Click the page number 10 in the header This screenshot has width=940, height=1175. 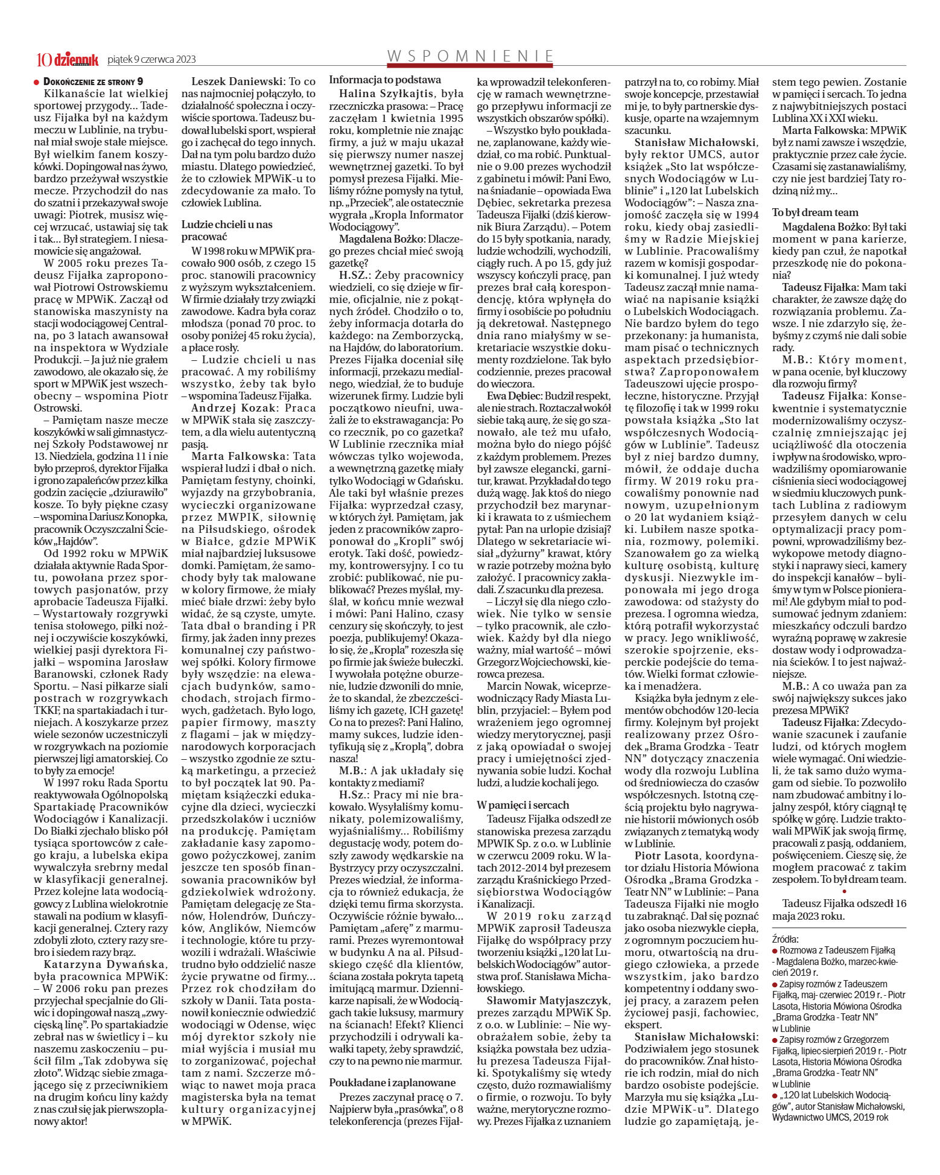click(x=44, y=59)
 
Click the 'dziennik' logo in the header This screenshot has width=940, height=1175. click(x=76, y=59)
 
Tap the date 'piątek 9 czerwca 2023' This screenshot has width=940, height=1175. click(x=151, y=60)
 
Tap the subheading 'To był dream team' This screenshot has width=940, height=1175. click(x=815, y=212)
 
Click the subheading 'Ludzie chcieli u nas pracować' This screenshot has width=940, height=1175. click(x=227, y=230)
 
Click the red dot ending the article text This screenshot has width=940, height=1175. click(x=844, y=890)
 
